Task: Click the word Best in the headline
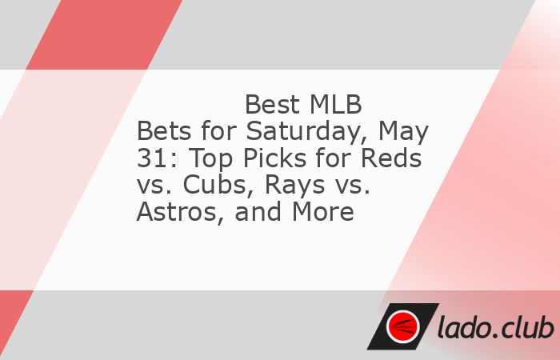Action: tap(272, 105)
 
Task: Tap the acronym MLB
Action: tap(336, 105)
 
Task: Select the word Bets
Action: tap(165, 131)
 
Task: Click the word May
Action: tap(403, 133)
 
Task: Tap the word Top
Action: tap(210, 159)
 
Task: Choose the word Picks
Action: tap(274, 158)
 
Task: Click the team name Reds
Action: tap(391, 158)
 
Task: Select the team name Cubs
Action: tap(218, 185)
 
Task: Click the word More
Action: tap(323, 211)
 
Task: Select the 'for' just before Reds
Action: tap(333, 158)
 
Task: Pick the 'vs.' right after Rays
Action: tap(353, 186)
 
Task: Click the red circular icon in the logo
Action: tap(403, 326)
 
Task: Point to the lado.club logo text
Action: tap(496, 326)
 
